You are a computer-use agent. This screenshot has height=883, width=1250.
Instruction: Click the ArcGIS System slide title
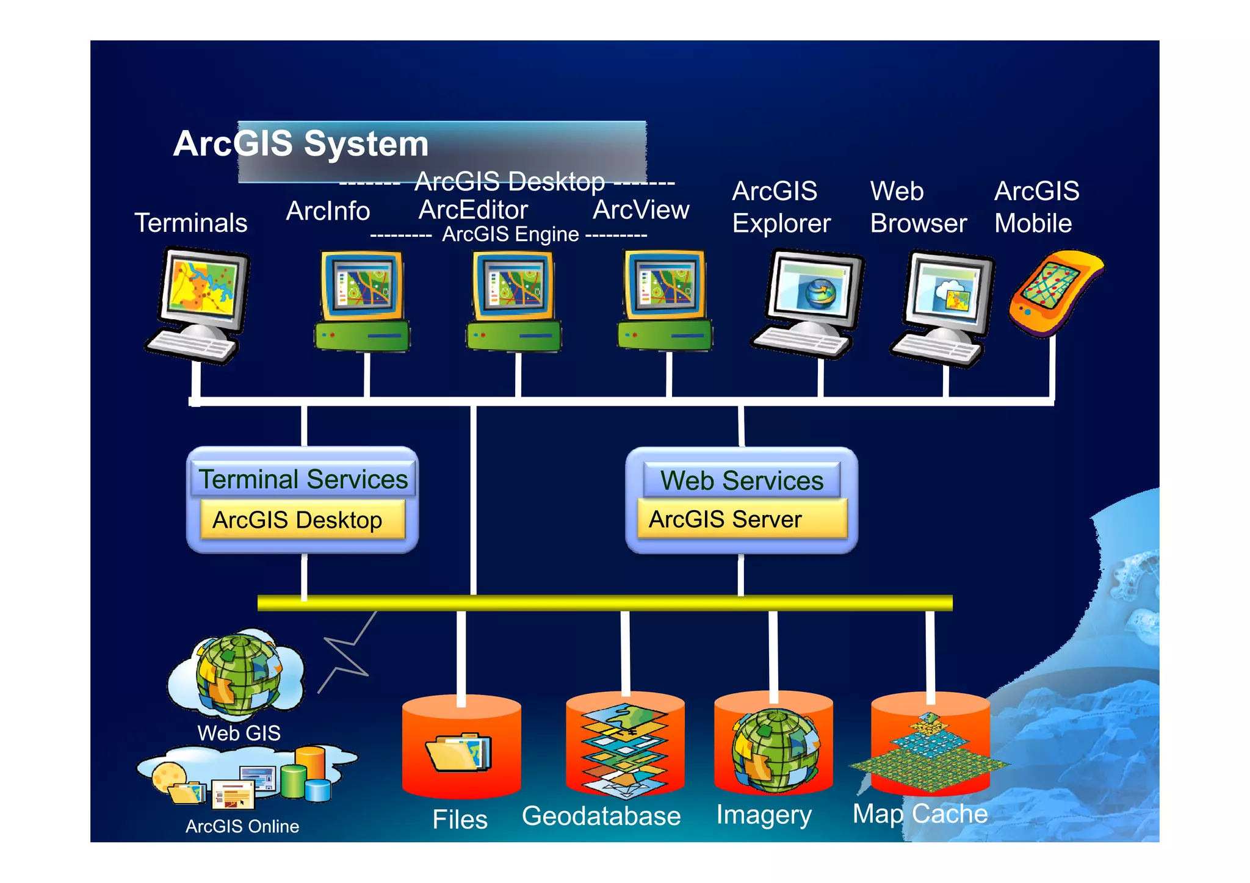301,144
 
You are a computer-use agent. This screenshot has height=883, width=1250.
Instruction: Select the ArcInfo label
328,211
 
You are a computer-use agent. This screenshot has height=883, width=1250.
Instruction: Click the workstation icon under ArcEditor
514,301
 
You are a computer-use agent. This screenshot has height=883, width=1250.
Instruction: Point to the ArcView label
641,210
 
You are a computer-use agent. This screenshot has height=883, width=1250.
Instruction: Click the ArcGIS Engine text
510,234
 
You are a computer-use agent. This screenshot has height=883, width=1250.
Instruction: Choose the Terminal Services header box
303,479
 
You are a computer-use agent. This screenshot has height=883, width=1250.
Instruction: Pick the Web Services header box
742,480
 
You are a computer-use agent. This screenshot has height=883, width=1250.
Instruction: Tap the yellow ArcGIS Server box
742,519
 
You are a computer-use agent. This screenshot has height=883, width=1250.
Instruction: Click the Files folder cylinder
461,747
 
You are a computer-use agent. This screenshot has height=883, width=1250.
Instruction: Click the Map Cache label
920,813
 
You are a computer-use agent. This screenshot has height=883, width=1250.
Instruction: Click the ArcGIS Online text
242,826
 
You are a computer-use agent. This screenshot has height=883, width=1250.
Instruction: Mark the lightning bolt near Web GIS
347,654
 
